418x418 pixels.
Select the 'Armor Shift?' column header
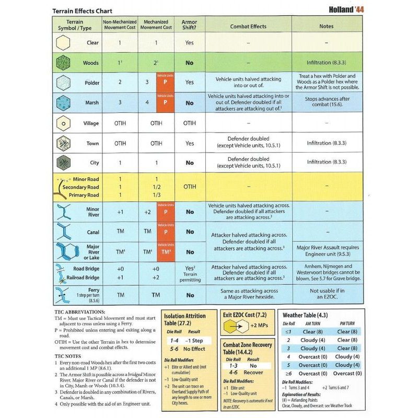[189, 25]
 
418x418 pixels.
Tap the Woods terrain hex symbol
[63, 63]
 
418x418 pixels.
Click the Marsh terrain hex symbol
[63, 102]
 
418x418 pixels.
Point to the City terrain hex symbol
[63, 162]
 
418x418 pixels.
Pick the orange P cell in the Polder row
[165, 83]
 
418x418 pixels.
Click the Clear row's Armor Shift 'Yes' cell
[189, 43]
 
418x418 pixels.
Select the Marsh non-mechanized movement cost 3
[120, 102]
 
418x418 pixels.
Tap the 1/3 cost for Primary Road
[156, 195]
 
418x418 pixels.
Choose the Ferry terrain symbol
[63, 295]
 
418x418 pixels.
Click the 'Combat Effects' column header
[248, 26]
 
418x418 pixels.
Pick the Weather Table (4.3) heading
[305, 316]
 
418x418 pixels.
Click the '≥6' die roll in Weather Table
[288, 373]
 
